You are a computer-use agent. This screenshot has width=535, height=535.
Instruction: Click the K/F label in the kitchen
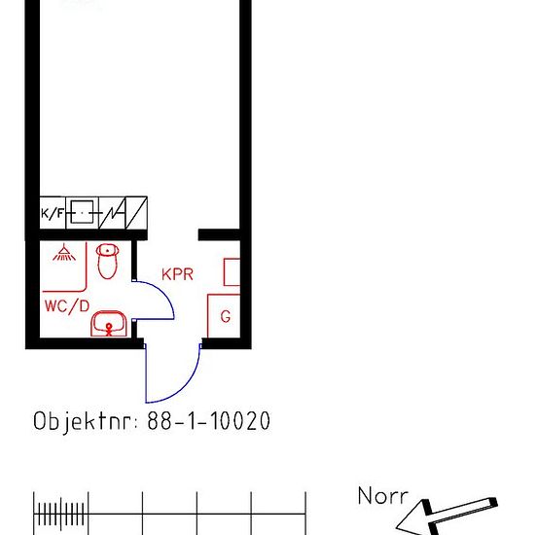click(x=53, y=213)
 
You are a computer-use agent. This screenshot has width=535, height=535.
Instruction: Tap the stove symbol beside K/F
click(x=82, y=213)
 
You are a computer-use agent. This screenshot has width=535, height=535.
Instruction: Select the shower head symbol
click(x=64, y=253)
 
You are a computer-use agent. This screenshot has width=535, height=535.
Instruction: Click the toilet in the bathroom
click(x=107, y=262)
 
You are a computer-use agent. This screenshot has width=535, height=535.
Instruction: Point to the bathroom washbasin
click(x=109, y=324)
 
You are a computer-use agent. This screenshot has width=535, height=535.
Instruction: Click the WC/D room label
click(x=67, y=306)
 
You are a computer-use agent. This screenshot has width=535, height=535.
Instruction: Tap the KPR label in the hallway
click(x=177, y=274)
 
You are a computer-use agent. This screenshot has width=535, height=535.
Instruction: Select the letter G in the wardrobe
click(x=226, y=316)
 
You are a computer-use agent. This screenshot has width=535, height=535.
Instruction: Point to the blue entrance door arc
click(x=186, y=386)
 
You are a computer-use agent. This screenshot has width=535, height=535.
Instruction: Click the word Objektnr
click(x=86, y=421)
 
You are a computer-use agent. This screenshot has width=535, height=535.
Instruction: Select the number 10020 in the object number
click(x=240, y=420)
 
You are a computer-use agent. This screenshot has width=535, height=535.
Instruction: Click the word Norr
click(x=383, y=495)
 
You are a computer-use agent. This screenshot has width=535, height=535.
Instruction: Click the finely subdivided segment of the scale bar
click(x=61, y=514)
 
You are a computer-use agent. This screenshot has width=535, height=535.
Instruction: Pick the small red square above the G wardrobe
click(x=232, y=272)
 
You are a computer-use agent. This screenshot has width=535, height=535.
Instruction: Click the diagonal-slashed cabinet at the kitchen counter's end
click(x=136, y=213)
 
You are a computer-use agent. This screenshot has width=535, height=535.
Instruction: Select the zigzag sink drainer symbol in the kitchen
click(x=112, y=213)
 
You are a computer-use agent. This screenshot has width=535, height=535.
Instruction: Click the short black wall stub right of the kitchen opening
click(x=219, y=234)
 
